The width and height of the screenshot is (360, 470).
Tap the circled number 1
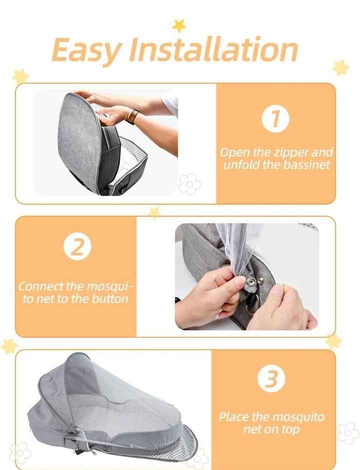click(275, 119)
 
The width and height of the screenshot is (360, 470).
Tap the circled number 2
click(77, 246)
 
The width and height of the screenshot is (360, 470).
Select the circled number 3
click(271, 378)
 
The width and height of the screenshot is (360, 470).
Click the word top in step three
click(290, 430)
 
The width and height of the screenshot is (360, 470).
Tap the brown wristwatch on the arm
click(132, 116)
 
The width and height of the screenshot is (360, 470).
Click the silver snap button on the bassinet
click(250, 282)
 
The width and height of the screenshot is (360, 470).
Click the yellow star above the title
click(179, 26)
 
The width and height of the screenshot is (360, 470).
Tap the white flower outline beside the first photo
click(189, 184)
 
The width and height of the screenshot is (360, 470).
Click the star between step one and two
click(154, 213)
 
